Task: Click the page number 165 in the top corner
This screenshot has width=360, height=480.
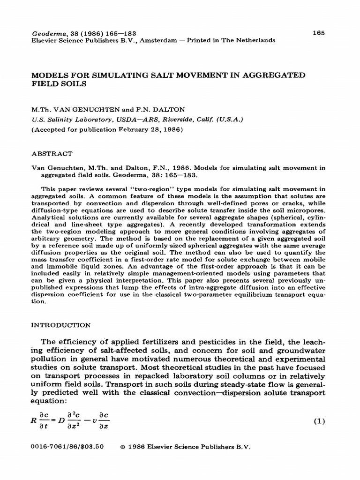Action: [x=318, y=33]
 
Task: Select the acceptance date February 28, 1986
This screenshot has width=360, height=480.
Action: [x=145, y=129]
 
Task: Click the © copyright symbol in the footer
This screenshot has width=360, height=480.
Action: [x=123, y=447]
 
